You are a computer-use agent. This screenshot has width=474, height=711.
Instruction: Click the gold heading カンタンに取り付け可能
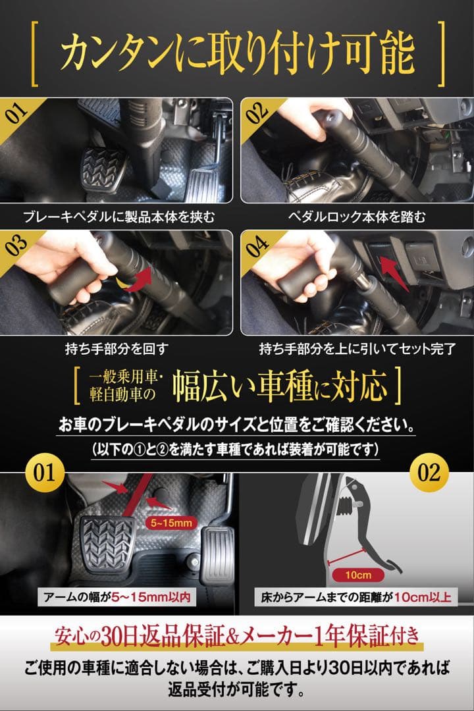point(237,53)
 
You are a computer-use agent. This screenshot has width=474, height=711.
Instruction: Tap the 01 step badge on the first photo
point(17,113)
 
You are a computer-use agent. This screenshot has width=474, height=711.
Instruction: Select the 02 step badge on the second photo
point(257,113)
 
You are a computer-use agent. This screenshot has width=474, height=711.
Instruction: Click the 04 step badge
point(257,246)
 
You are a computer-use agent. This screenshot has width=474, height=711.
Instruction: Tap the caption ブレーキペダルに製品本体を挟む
point(119,217)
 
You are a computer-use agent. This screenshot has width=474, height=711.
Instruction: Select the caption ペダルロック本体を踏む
point(357,217)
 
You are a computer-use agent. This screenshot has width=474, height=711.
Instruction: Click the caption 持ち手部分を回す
point(117,349)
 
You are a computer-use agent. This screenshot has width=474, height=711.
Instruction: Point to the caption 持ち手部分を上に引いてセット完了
point(357,349)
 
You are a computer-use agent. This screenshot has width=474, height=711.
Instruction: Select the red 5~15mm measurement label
point(171,523)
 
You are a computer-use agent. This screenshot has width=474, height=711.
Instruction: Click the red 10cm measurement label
point(358,575)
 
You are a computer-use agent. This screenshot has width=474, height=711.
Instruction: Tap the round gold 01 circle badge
point(45,473)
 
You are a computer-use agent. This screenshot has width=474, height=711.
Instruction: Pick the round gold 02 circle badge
point(429,473)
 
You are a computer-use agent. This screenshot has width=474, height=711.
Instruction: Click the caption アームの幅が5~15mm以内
point(117,596)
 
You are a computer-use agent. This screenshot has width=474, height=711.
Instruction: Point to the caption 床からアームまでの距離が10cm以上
point(356,596)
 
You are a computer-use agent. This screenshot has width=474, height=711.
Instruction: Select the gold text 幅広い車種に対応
point(279,386)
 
